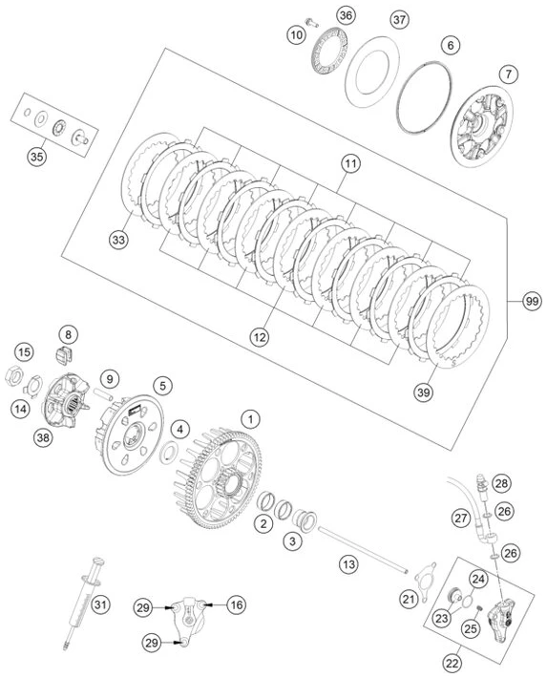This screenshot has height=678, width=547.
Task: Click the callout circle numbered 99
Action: (532, 301)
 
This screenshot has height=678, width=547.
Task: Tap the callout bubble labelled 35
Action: (37, 157)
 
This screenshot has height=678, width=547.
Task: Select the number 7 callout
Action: (509, 74)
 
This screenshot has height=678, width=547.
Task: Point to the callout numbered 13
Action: (348, 564)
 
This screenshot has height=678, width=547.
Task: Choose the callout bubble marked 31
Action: (100, 604)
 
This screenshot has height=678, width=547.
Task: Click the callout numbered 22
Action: (452, 663)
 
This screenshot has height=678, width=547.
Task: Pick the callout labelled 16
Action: (237, 604)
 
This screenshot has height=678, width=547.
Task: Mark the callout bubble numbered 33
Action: (118, 240)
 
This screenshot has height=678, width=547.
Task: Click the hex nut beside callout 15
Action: (13, 375)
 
